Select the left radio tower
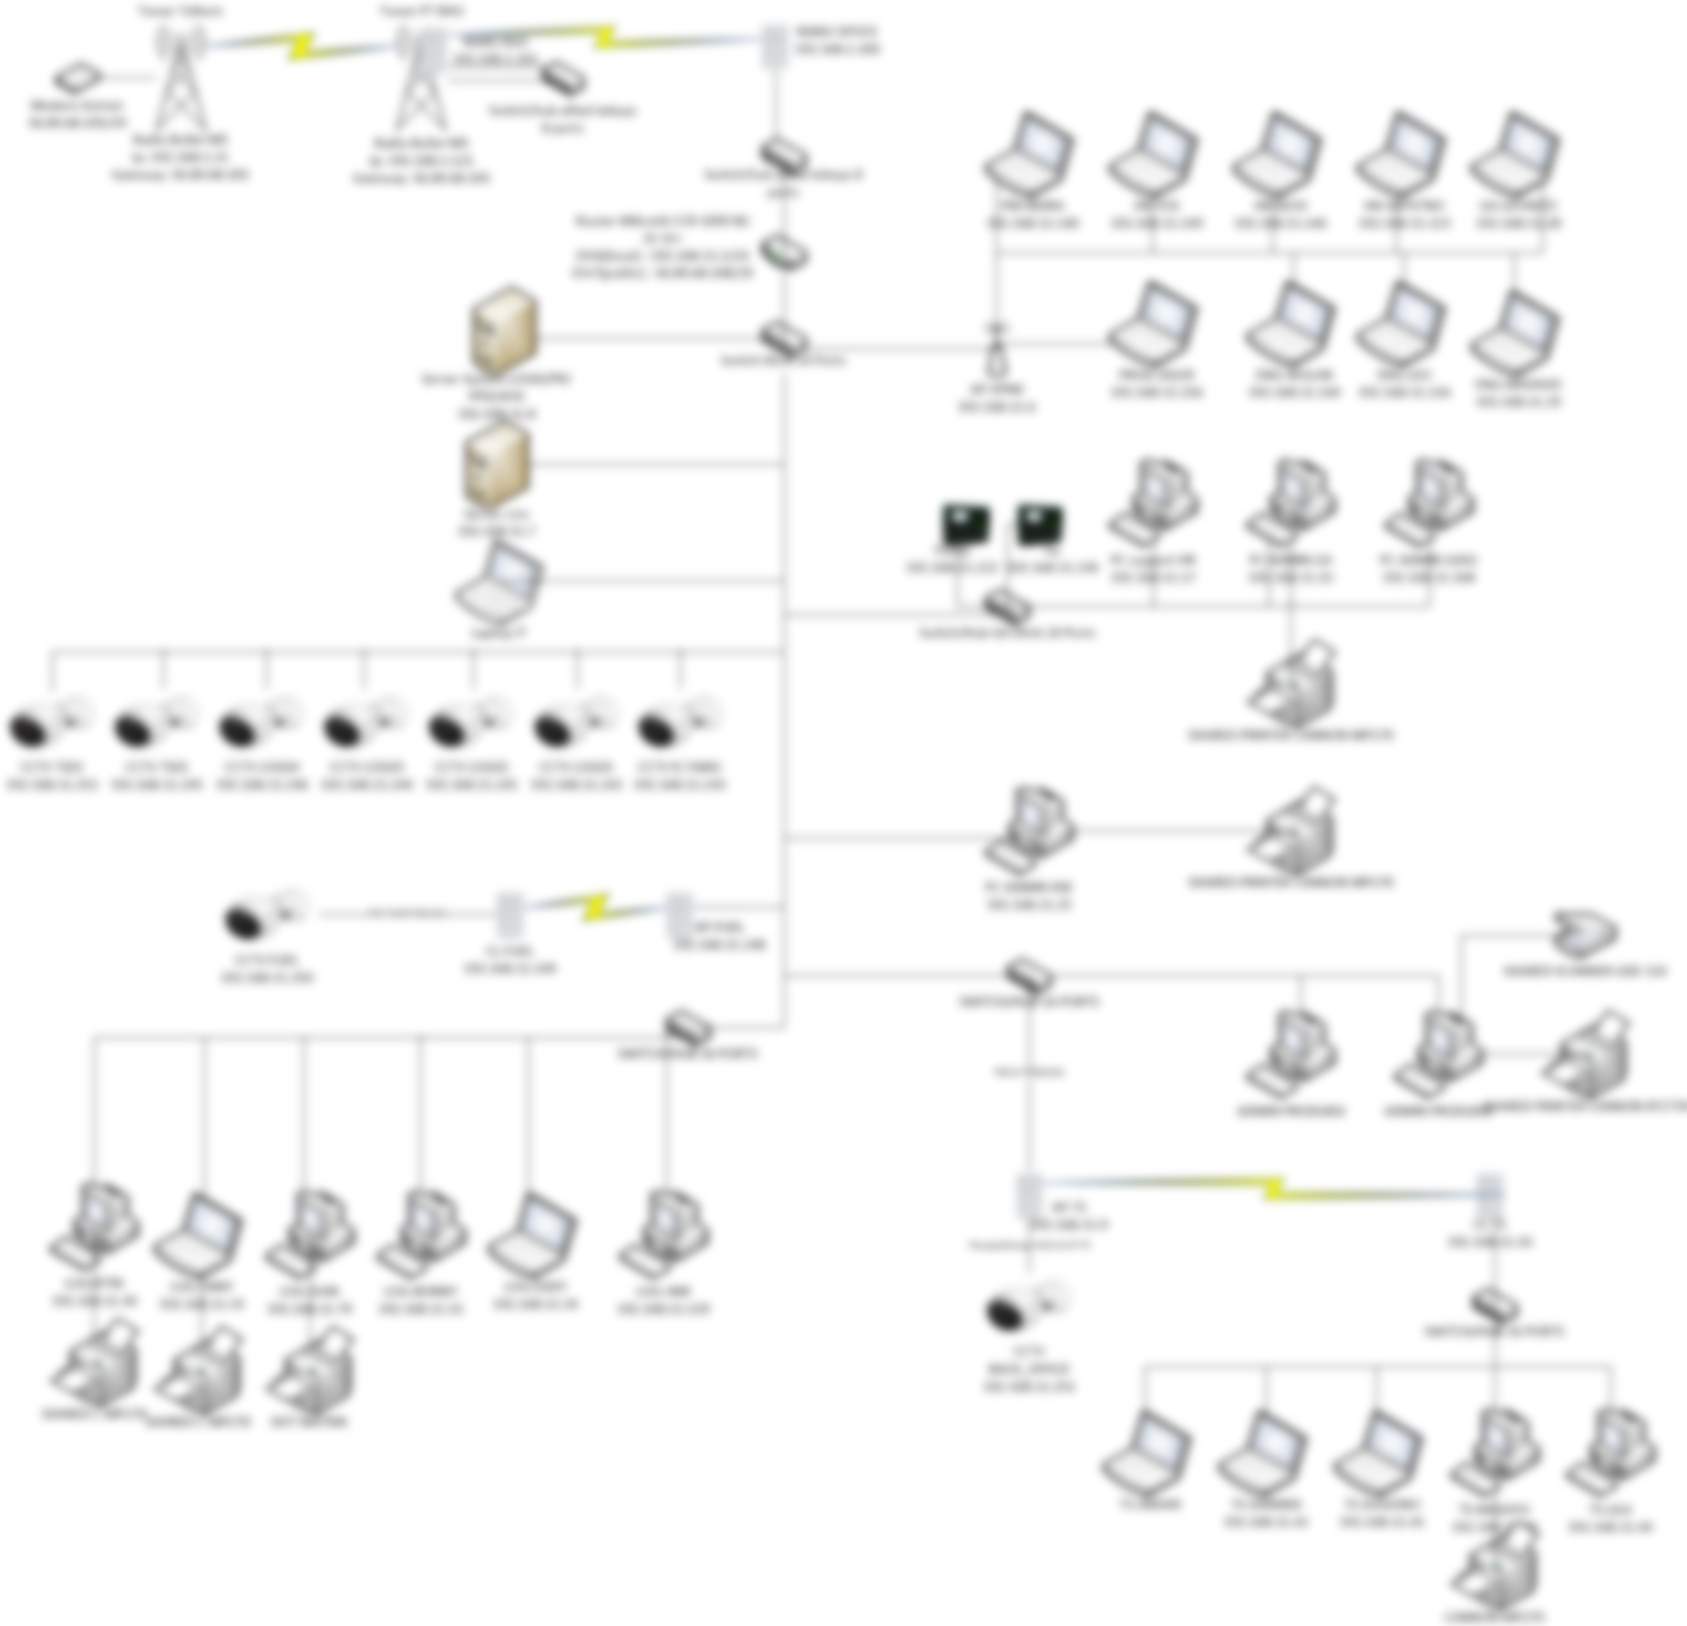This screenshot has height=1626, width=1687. [x=180, y=77]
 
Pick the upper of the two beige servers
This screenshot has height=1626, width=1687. [x=503, y=330]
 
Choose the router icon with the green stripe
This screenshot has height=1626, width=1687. [x=783, y=252]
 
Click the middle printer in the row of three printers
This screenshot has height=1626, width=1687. [x=201, y=1372]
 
